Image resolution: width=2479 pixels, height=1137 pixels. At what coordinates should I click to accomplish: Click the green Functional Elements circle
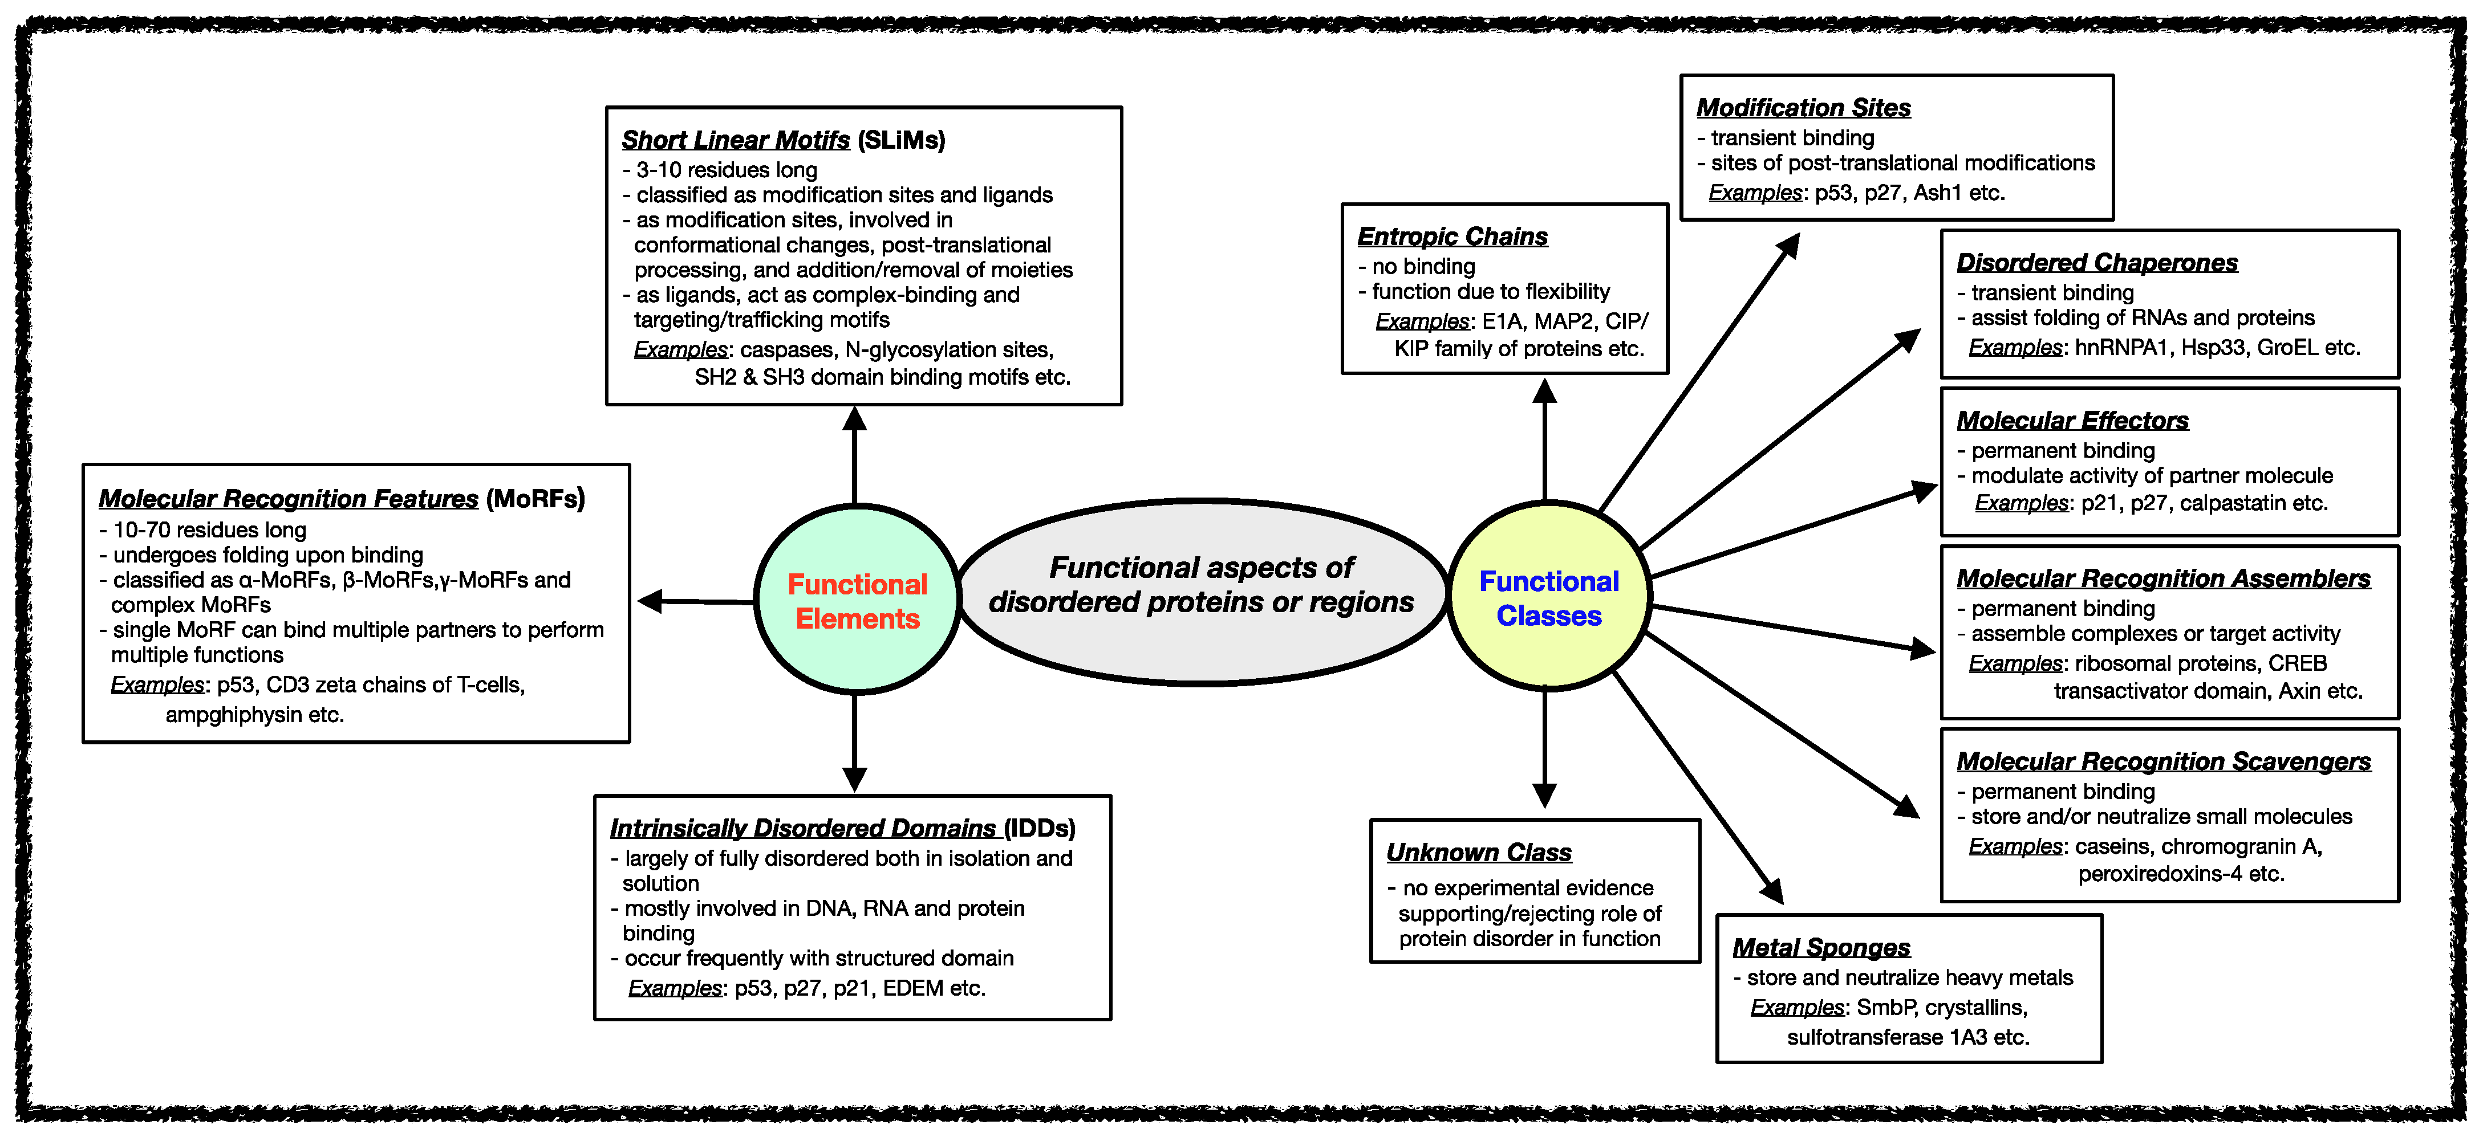click(857, 600)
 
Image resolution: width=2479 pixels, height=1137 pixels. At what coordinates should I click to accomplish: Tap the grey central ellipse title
click(1201, 585)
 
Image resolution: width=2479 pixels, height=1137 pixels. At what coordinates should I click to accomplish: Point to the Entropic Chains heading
click(1452, 237)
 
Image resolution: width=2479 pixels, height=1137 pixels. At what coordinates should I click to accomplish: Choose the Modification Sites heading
click(1803, 108)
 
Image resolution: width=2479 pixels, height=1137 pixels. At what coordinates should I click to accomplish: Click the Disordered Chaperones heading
click(2097, 263)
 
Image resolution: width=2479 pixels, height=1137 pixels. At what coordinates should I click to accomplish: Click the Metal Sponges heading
click(1821, 947)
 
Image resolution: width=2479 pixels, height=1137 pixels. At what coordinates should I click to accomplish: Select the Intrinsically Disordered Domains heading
click(802, 828)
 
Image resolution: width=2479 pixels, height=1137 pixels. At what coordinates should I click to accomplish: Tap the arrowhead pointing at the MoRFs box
click(650, 601)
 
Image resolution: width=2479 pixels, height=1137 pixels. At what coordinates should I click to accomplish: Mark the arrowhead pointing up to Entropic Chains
click(1544, 390)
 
